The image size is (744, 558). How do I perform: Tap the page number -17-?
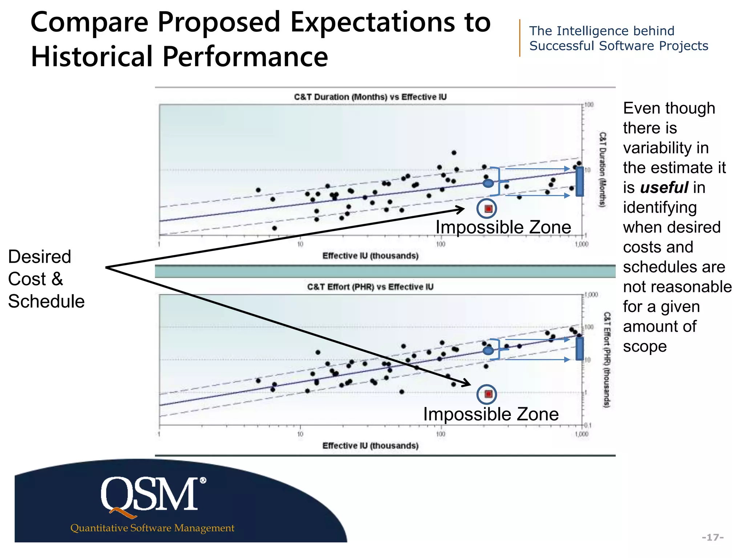coord(712,537)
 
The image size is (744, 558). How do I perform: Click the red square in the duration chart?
coord(488,209)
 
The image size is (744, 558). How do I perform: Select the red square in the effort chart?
coord(488,394)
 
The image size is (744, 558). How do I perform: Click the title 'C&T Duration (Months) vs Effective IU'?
coord(370,97)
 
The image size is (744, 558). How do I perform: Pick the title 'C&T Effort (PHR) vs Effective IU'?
coord(370,287)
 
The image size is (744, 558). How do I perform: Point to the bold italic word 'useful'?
coord(664,188)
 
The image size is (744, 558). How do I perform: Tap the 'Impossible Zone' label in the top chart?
coord(503,227)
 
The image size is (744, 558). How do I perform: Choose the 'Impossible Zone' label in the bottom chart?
coord(491,415)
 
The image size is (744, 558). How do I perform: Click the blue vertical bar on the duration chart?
coord(580,181)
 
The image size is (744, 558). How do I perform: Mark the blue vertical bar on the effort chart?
coord(580,349)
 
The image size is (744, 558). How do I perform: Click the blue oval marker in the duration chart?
coord(488,183)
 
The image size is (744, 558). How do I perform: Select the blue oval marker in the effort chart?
coord(488,351)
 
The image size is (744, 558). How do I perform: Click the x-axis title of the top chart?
coord(370,256)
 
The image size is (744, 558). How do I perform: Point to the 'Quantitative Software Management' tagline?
coord(152,528)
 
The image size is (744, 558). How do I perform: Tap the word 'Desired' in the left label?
coord(40,257)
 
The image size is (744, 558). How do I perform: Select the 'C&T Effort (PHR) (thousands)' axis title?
coord(606,359)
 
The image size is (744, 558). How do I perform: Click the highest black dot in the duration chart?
coord(454,153)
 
